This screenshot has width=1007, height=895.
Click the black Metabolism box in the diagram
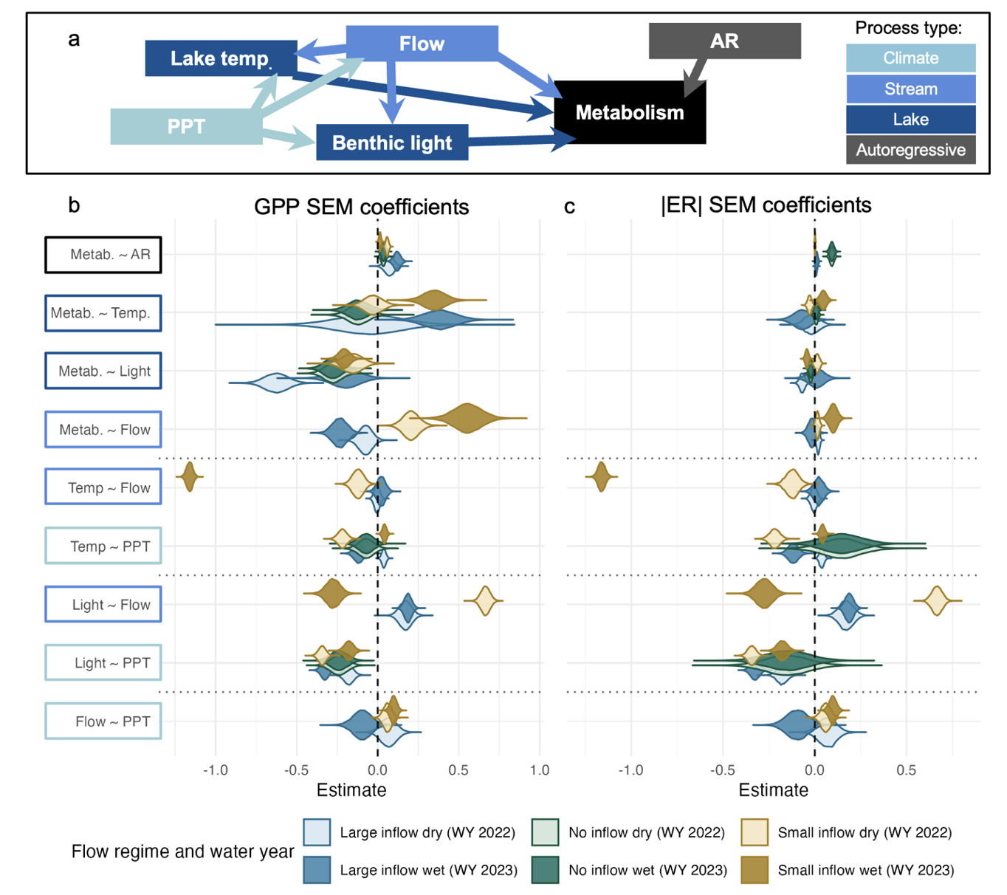tap(630, 112)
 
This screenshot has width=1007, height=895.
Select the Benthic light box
tap(392, 143)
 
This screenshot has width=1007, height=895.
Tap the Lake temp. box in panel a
tap(221, 58)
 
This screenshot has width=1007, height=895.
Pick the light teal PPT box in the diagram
tap(186, 126)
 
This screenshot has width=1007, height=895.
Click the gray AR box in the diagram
tap(724, 41)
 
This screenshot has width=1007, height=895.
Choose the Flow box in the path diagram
tap(422, 44)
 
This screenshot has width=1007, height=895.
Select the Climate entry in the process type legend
tap(910, 58)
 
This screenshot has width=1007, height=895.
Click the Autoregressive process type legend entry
tap(910, 150)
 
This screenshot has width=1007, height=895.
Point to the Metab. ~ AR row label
tap(103, 255)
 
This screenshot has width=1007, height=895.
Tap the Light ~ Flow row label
tap(103, 605)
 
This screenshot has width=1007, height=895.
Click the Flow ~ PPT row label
tap(103, 721)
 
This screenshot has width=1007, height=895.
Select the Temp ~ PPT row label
tap(103, 546)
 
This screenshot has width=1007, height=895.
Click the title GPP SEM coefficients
tap(361, 207)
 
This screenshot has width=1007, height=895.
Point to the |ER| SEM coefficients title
tap(766, 205)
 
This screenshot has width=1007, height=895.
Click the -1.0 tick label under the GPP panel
tap(215, 770)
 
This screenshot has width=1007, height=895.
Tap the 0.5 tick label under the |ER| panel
tap(906, 770)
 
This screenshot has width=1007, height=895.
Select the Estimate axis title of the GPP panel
tap(351, 790)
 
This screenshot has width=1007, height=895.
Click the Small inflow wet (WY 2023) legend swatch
tap(754, 870)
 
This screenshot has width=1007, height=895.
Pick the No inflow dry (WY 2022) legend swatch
tap(545, 832)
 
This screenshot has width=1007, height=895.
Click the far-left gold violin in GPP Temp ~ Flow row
tap(190, 476)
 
